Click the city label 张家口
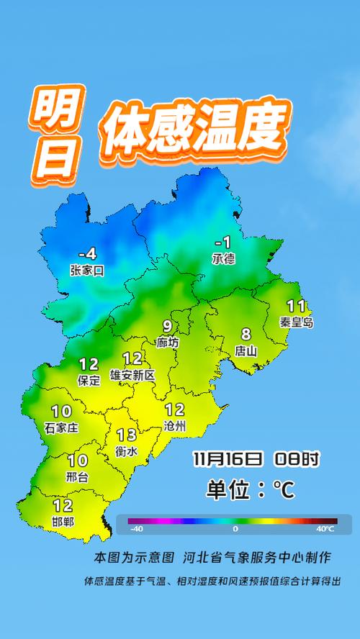[87, 271]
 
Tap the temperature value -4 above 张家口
[87, 254]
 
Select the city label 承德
[223, 259]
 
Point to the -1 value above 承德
[224, 243]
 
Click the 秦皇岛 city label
[297, 323]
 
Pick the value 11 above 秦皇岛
[296, 306]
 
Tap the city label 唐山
[246, 351]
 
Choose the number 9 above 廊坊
[167, 326]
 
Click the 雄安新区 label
[132, 375]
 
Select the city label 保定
[89, 381]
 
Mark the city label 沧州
[175, 427]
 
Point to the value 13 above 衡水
[126, 435]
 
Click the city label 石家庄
[61, 427]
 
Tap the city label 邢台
[77, 477]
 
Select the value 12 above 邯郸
[63, 506]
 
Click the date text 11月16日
[227, 458]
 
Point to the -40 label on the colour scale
[136, 529]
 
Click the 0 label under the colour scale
[235, 529]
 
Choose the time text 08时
[297, 458]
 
